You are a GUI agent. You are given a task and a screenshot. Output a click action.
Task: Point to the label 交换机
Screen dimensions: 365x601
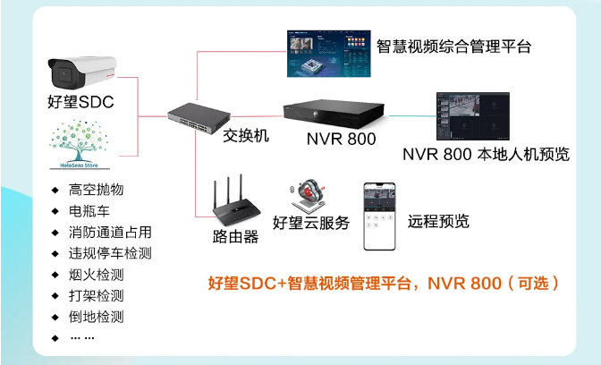(x=245, y=135)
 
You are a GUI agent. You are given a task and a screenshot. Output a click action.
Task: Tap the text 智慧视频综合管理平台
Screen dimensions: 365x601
(x=453, y=46)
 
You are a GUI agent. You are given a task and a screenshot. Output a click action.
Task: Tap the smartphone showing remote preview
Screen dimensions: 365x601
(x=379, y=217)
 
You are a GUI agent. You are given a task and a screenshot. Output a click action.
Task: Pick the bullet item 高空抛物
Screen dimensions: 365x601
(x=96, y=190)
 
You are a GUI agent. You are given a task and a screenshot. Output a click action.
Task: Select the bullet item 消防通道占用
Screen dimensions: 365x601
(x=110, y=232)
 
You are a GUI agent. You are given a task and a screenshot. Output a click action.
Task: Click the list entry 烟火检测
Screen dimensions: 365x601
(x=96, y=274)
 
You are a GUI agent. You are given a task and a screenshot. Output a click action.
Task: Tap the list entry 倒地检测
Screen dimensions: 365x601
(x=96, y=316)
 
